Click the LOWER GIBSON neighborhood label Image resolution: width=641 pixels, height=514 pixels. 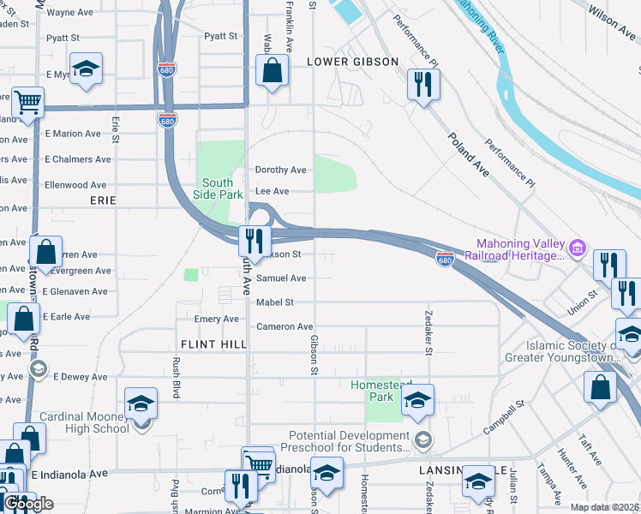click(352, 62)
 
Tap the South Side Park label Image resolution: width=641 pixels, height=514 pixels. click(218, 188)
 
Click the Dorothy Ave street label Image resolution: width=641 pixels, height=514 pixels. click(280, 170)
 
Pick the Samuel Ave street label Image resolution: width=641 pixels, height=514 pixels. click(281, 278)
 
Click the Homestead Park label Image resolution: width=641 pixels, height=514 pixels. click(382, 391)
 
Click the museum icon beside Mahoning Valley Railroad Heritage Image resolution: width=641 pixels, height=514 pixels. click(578, 249)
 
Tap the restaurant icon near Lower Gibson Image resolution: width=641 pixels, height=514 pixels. click(423, 84)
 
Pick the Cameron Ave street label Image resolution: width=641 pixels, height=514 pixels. click(285, 326)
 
